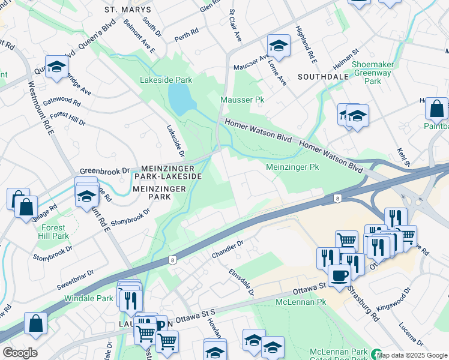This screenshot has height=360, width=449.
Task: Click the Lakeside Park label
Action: (x=166, y=80)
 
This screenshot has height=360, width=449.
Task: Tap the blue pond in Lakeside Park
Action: (x=181, y=98)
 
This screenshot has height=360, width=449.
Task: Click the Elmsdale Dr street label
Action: (x=241, y=282)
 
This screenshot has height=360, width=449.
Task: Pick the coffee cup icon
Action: (x=340, y=275)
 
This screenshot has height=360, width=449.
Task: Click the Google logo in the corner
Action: (x=19, y=353)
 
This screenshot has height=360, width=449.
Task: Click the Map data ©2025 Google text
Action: (x=412, y=355)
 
